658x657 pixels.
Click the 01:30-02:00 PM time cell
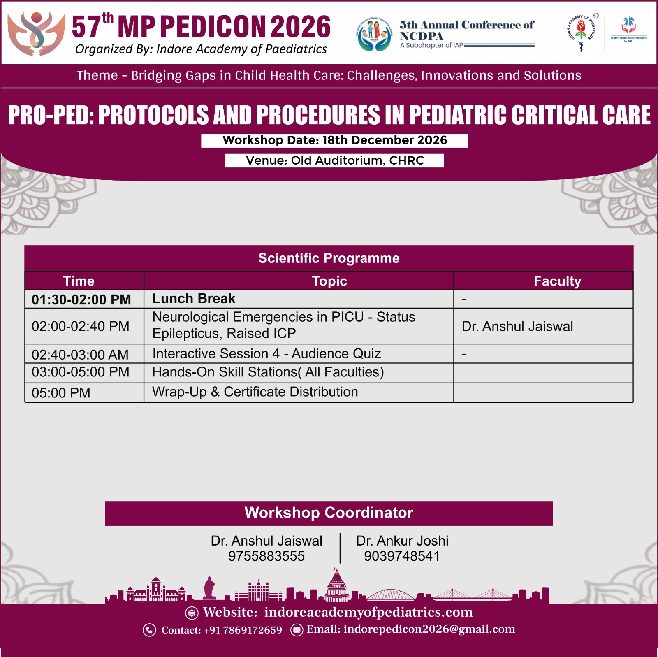click(x=81, y=299)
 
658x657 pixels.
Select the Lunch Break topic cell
click(x=299, y=299)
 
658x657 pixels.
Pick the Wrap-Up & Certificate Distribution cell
click(x=299, y=392)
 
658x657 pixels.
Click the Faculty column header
click(x=557, y=281)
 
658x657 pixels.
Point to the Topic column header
click(x=329, y=281)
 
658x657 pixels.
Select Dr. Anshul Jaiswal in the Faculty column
click(x=517, y=326)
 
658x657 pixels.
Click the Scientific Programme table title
click(x=329, y=258)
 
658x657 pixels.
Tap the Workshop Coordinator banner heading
click(x=329, y=513)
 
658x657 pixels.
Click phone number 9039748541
click(x=402, y=556)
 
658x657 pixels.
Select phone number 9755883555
click(x=266, y=556)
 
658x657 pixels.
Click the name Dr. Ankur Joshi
click(x=402, y=541)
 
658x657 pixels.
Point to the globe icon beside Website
click(x=192, y=613)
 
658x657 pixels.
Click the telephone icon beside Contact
click(x=149, y=630)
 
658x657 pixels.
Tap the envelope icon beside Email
click(x=297, y=630)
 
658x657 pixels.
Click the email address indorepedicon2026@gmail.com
click(x=429, y=629)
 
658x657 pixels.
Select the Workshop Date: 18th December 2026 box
click(x=334, y=140)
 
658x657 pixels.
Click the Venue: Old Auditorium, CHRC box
click(x=334, y=160)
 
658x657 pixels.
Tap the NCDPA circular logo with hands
click(x=374, y=35)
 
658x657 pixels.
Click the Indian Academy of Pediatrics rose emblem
click(x=581, y=33)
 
